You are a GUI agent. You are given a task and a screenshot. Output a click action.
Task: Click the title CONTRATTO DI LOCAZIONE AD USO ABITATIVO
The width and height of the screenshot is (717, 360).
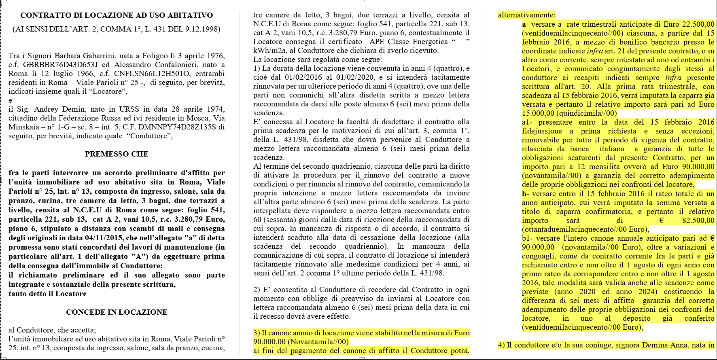[x=117, y=15]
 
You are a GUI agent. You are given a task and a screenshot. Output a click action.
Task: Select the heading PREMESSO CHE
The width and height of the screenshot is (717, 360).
[x=117, y=154]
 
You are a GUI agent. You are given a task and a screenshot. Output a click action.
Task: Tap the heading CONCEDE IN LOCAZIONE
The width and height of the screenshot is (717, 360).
[x=117, y=312]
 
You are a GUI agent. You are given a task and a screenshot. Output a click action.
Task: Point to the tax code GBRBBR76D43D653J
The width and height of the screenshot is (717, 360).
[x=56, y=65]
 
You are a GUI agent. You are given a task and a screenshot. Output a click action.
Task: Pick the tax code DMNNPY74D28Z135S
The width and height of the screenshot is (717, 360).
[x=182, y=127]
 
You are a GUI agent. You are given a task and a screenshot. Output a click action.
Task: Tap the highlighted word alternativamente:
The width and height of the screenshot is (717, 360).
[x=527, y=15]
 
